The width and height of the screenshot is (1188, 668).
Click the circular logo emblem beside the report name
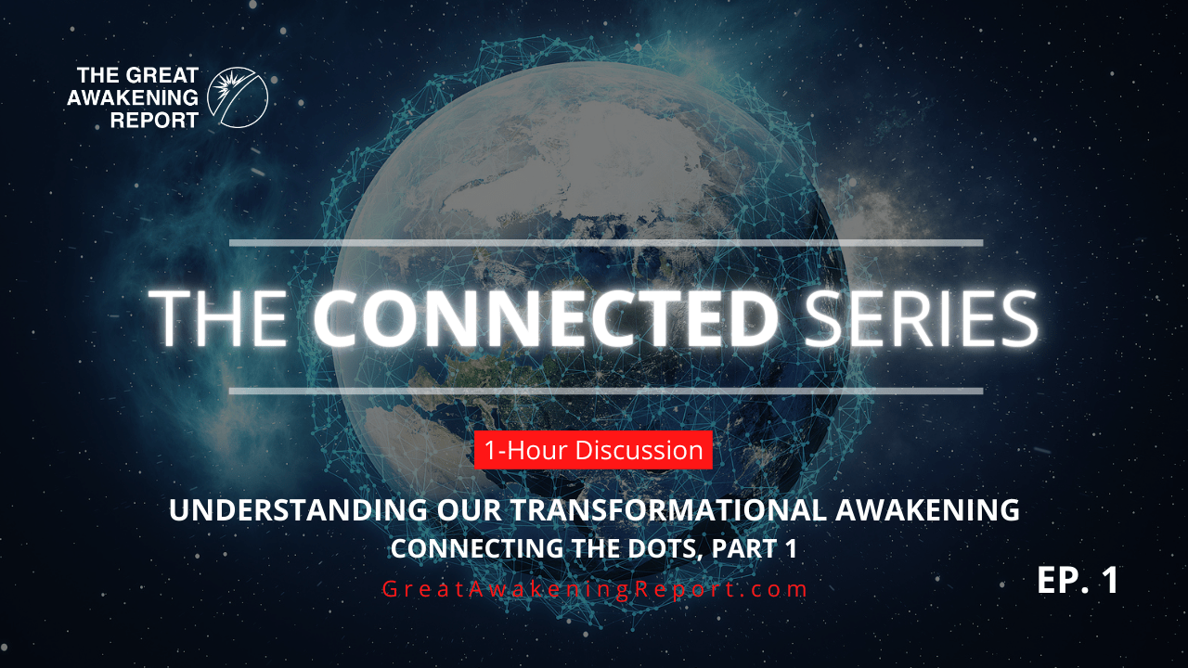click(237, 97)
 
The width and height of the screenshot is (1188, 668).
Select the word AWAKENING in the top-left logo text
click(133, 97)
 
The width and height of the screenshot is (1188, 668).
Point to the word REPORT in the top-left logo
click(154, 121)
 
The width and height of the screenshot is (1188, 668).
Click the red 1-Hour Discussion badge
click(593, 450)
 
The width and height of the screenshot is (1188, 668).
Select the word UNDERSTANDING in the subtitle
click(298, 510)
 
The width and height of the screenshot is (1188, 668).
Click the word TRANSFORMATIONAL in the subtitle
click(668, 510)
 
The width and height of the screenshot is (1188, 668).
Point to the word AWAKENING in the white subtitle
click(927, 510)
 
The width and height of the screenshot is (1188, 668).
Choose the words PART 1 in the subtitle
click(755, 548)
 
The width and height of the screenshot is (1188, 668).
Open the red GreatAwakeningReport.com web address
click(595, 589)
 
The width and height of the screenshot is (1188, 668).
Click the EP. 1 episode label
click(1078, 580)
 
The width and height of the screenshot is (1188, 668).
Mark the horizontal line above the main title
click(606, 243)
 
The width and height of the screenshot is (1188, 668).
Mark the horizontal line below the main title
click(606, 392)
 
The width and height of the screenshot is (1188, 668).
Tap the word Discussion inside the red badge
click(639, 450)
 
